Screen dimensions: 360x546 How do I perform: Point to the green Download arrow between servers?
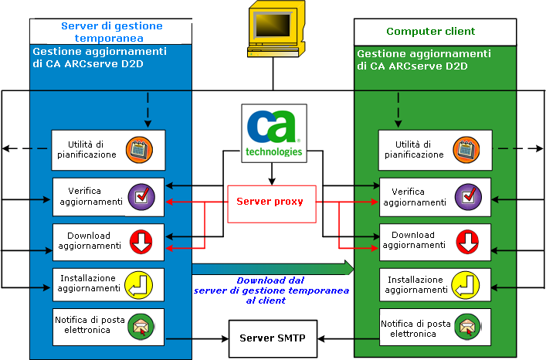(273, 268)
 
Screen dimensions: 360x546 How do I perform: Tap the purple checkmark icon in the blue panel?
(141, 196)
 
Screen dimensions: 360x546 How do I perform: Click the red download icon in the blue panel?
(141, 241)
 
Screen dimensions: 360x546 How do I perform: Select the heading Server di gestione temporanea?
(111, 32)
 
